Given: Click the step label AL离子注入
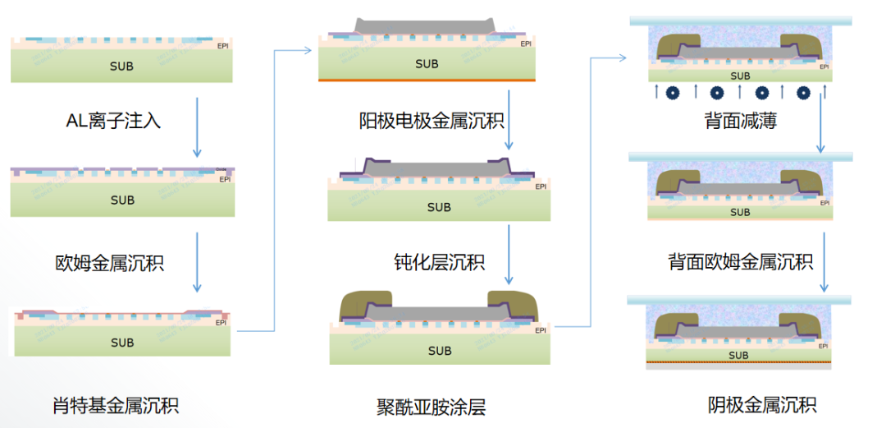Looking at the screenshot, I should click(113, 122).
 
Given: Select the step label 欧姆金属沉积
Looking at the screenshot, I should click(110, 264).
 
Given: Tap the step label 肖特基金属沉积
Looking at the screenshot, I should click(116, 405).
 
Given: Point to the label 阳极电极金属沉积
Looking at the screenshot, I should click(432, 122).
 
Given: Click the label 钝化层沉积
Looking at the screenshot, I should click(439, 262).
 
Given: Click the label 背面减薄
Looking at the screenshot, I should click(740, 122).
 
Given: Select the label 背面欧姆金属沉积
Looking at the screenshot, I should click(740, 262).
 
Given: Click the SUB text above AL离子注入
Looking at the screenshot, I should click(121, 66).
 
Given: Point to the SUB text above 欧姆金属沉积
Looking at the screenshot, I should click(122, 200).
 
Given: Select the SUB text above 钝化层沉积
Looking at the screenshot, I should click(439, 207).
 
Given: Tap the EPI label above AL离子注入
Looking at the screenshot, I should click(223, 46).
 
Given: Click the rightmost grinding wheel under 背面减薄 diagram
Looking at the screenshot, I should click(803, 92).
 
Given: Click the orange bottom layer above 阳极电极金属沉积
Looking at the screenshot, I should click(427, 80).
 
